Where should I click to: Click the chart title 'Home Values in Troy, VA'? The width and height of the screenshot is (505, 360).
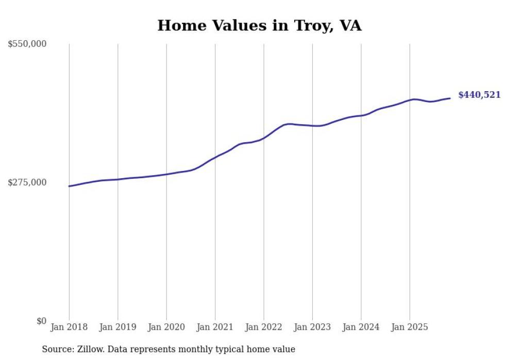[x=259, y=26]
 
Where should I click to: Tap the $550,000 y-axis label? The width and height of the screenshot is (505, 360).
[x=27, y=44]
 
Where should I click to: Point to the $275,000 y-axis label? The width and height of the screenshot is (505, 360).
[x=27, y=182]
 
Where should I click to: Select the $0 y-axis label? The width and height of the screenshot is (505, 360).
[x=41, y=321]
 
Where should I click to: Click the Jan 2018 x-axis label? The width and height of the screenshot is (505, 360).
[x=69, y=327]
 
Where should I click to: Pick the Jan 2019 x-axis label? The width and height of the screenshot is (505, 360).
[x=117, y=327]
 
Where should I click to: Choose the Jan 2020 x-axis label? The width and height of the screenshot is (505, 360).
[x=166, y=327]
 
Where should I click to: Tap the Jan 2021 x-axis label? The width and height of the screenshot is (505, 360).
[x=215, y=327]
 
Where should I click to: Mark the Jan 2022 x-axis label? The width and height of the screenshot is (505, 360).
[x=264, y=327]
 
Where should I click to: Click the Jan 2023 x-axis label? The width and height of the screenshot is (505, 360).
[x=312, y=327]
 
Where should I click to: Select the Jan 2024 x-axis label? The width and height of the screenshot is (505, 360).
[x=361, y=327]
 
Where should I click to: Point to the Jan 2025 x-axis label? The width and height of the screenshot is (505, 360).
[x=410, y=327]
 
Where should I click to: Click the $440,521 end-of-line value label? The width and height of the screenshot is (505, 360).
[x=479, y=95]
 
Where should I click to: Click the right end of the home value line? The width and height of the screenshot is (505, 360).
[x=450, y=98]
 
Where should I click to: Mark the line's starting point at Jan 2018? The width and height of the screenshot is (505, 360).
[x=69, y=186]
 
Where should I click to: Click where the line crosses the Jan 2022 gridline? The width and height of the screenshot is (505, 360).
[x=264, y=138]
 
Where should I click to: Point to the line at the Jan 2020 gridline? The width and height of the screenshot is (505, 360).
[x=166, y=174]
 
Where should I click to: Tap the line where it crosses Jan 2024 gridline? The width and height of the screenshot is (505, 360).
[x=361, y=115]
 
